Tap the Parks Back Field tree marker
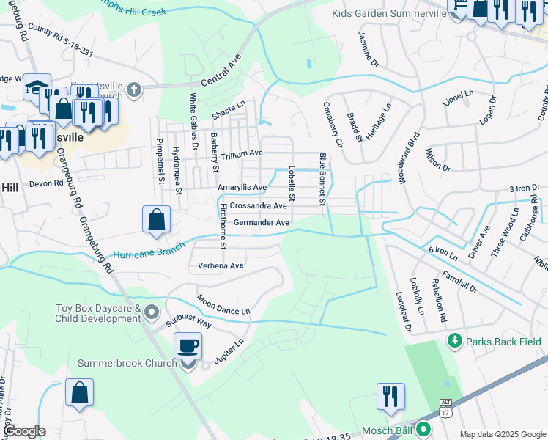click(x=455, y=341)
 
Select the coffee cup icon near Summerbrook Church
click(x=188, y=345)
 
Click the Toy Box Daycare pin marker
click(x=152, y=313)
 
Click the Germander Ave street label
click(x=262, y=222)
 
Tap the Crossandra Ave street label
click(x=253, y=206)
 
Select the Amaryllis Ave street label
click(x=242, y=188)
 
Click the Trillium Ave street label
click(x=242, y=153)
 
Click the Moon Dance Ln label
click(x=223, y=306)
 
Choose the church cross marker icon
click(x=133, y=90)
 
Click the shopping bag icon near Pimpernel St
click(x=156, y=219)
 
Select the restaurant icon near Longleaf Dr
click(x=390, y=397)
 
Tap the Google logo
click(x=24, y=431)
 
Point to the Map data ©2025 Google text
click(x=502, y=434)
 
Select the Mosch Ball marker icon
click(x=424, y=430)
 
